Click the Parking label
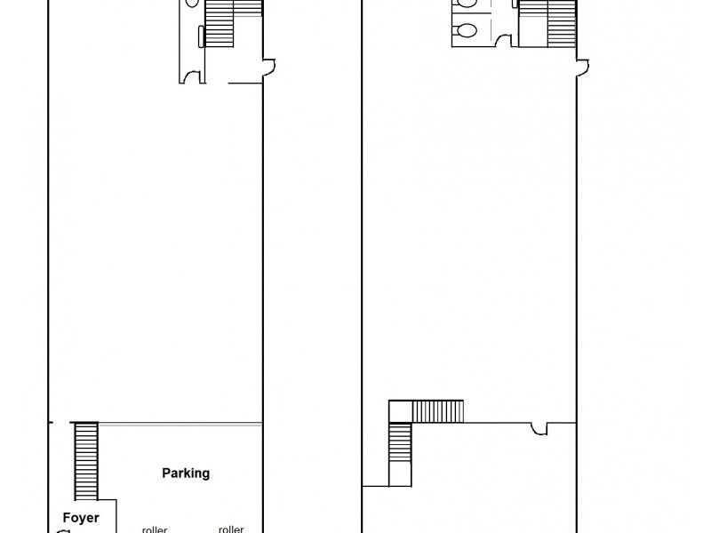point(186,473)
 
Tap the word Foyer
point(81,518)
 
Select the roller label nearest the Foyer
point(155,529)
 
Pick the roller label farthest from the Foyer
point(231,529)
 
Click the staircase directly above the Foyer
point(86,460)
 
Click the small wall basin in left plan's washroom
point(202,36)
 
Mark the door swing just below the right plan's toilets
point(504,39)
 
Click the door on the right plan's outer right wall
point(583,67)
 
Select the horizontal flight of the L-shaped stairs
point(438,411)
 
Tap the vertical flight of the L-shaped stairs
point(401,453)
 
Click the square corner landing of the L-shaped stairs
point(401,411)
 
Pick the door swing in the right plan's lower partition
point(539,430)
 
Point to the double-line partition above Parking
point(178,423)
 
